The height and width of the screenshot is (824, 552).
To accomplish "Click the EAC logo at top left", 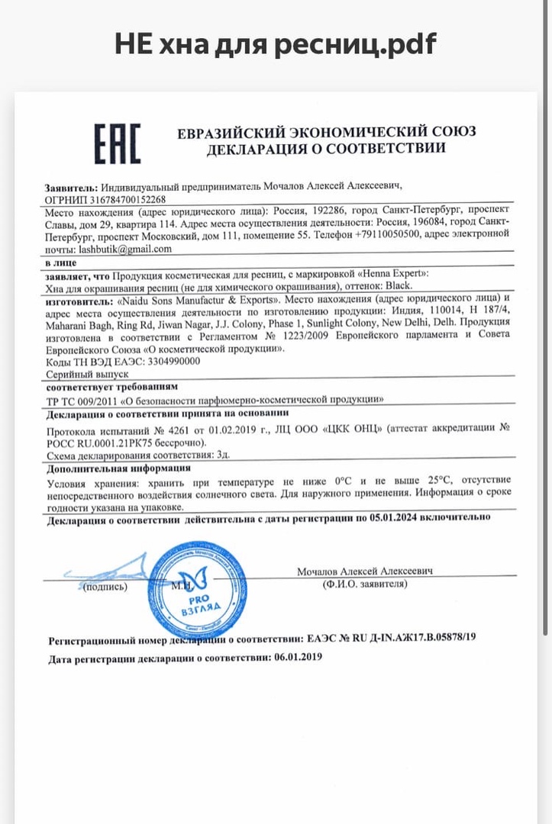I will [117, 143].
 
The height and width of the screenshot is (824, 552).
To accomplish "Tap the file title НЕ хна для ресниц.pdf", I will [276, 44].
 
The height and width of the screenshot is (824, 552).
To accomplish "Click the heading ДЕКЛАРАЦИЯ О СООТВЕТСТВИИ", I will [326, 148].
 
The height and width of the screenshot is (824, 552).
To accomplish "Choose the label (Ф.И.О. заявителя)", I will [365, 584].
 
